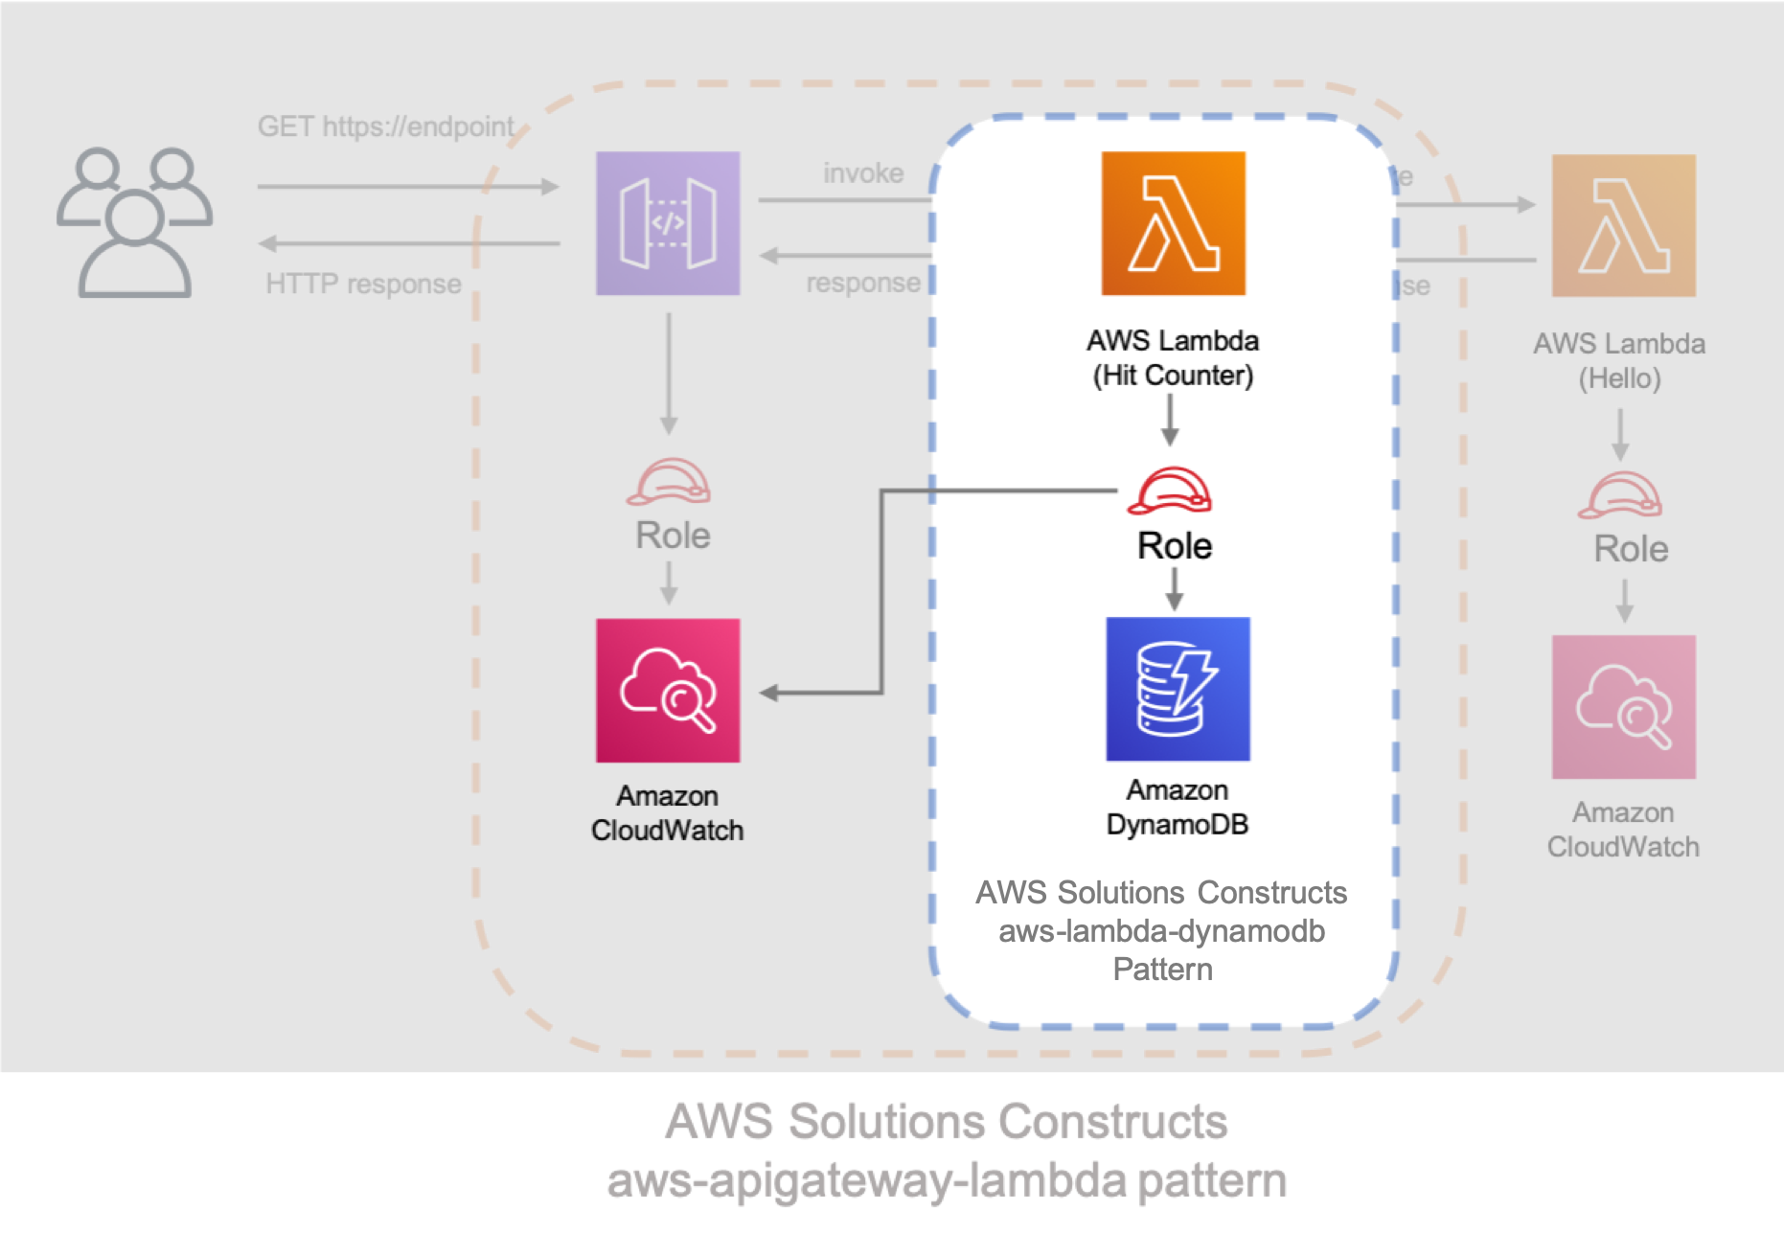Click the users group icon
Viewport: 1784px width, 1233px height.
pyautogui.click(x=134, y=222)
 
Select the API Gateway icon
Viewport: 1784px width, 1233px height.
pyautogui.click(x=668, y=223)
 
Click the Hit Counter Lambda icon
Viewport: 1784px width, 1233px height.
pyautogui.click(x=1173, y=223)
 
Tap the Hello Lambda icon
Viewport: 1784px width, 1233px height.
pyautogui.click(x=1623, y=226)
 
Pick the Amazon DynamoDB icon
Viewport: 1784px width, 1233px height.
pyautogui.click(x=1178, y=689)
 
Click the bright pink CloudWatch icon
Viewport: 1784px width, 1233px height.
pyautogui.click(x=668, y=690)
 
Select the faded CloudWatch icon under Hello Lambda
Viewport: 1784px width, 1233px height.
pyautogui.click(x=1623, y=707)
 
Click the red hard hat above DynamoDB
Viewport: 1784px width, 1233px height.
pyautogui.click(x=1170, y=491)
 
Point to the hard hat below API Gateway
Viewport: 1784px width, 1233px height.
pyautogui.click(x=669, y=482)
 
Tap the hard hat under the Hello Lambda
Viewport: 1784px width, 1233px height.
pyautogui.click(x=1620, y=495)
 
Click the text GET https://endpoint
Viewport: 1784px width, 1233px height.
pyautogui.click(x=385, y=126)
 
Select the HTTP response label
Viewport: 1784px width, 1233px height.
pyautogui.click(x=363, y=284)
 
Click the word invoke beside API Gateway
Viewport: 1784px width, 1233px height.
pyautogui.click(x=863, y=173)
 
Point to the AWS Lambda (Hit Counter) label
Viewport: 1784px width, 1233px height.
pyautogui.click(x=1173, y=357)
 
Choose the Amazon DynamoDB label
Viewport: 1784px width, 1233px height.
pyautogui.click(x=1178, y=807)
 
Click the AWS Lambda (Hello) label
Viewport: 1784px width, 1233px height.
pyautogui.click(x=1619, y=360)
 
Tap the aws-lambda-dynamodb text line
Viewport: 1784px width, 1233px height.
pyautogui.click(x=1161, y=931)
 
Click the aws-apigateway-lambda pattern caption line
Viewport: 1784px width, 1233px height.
pyautogui.click(x=947, y=1181)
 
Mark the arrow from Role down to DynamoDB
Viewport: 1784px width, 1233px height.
pyautogui.click(x=1175, y=589)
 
